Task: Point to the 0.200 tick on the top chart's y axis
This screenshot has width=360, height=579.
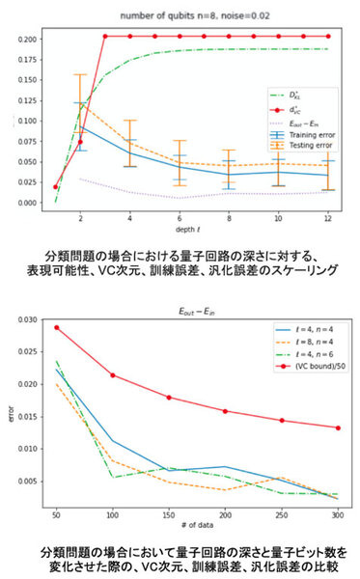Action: tap(29, 40)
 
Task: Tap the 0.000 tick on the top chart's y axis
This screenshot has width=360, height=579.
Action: tap(29, 203)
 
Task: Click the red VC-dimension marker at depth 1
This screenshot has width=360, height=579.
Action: tap(55, 187)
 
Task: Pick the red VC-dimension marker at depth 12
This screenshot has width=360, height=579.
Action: tap(328, 37)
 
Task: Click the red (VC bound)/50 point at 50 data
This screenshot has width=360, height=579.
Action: tap(57, 327)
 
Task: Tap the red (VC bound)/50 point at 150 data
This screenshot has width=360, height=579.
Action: tap(169, 371)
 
